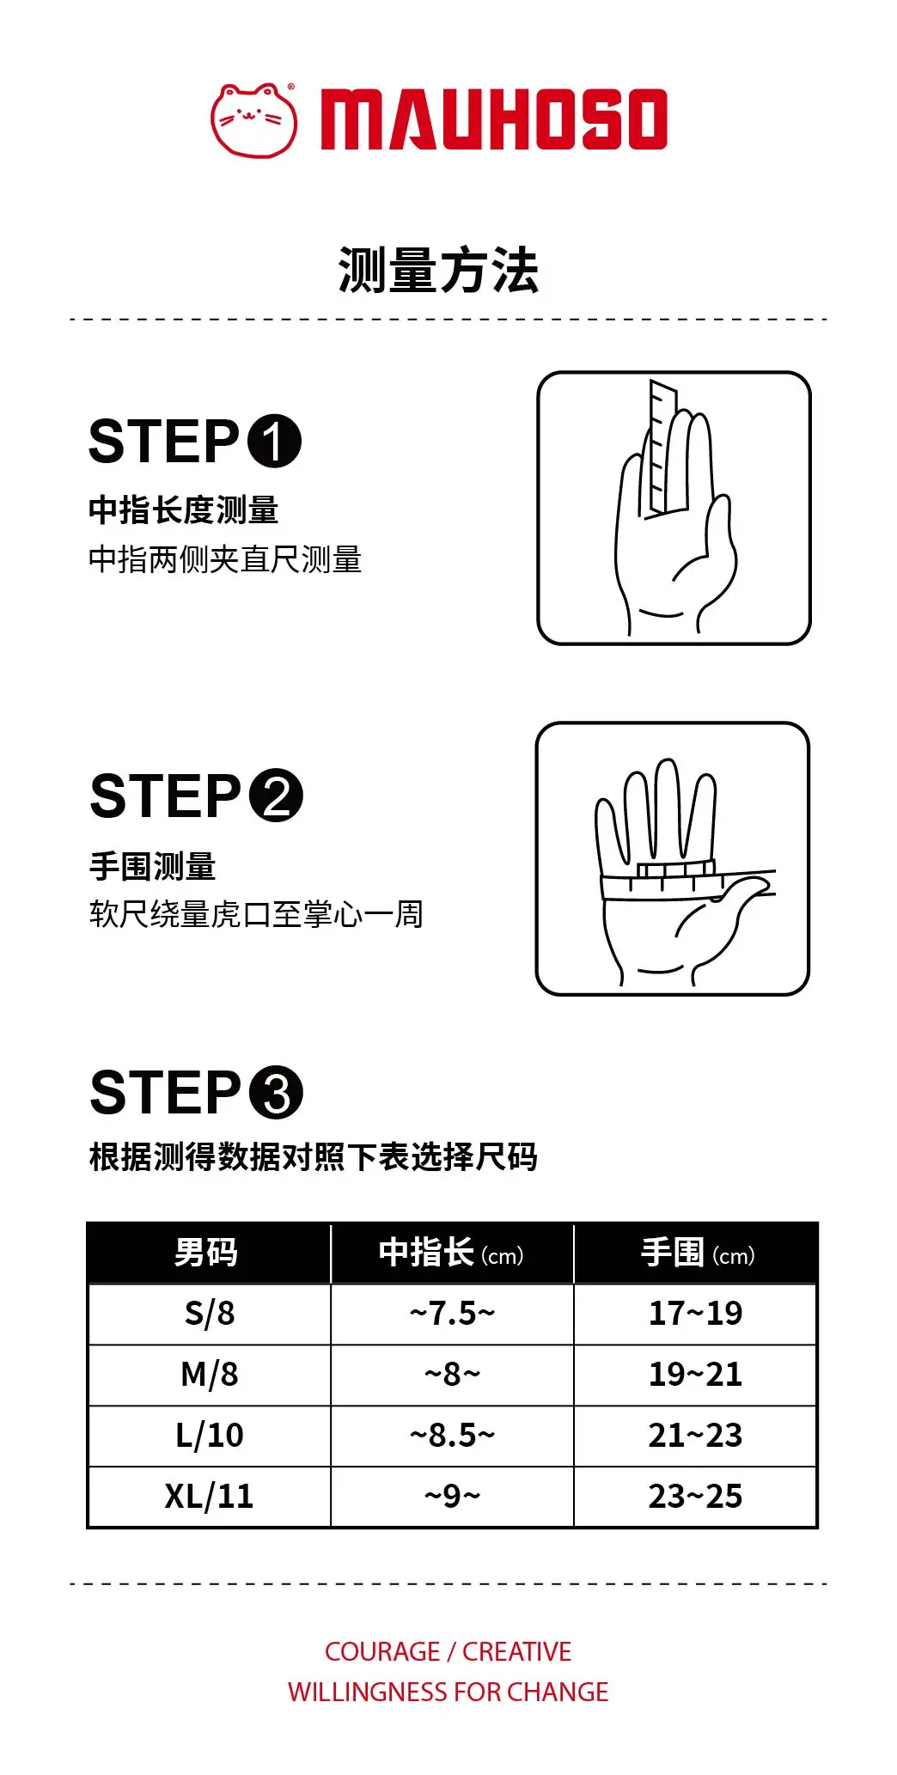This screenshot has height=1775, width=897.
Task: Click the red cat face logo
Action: pos(254,120)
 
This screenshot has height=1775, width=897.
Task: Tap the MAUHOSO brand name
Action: pos(494,119)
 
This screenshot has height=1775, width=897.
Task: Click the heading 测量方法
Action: pos(438,271)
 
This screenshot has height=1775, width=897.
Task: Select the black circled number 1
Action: pos(274,442)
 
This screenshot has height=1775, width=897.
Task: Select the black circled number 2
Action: pos(276,796)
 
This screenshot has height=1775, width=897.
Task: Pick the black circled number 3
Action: pos(276,1093)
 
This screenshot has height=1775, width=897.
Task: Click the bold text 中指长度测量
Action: pos(183,510)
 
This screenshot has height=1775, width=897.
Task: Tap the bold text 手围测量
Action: pos(152,866)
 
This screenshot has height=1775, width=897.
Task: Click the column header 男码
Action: pos(206,1253)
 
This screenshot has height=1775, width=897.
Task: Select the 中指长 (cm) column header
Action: pos(452,1253)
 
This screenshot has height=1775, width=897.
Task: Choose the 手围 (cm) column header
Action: pos(697,1253)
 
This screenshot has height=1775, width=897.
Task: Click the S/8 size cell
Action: pos(210,1314)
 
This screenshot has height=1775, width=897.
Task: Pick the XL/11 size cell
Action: pos(210,1497)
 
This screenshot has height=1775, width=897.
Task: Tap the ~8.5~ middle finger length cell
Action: pos(452,1436)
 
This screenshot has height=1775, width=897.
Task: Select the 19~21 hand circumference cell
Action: pos(695,1375)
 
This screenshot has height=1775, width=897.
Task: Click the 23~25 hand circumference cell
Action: pos(695,1497)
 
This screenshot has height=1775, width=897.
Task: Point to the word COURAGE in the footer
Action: pos(382,1651)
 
